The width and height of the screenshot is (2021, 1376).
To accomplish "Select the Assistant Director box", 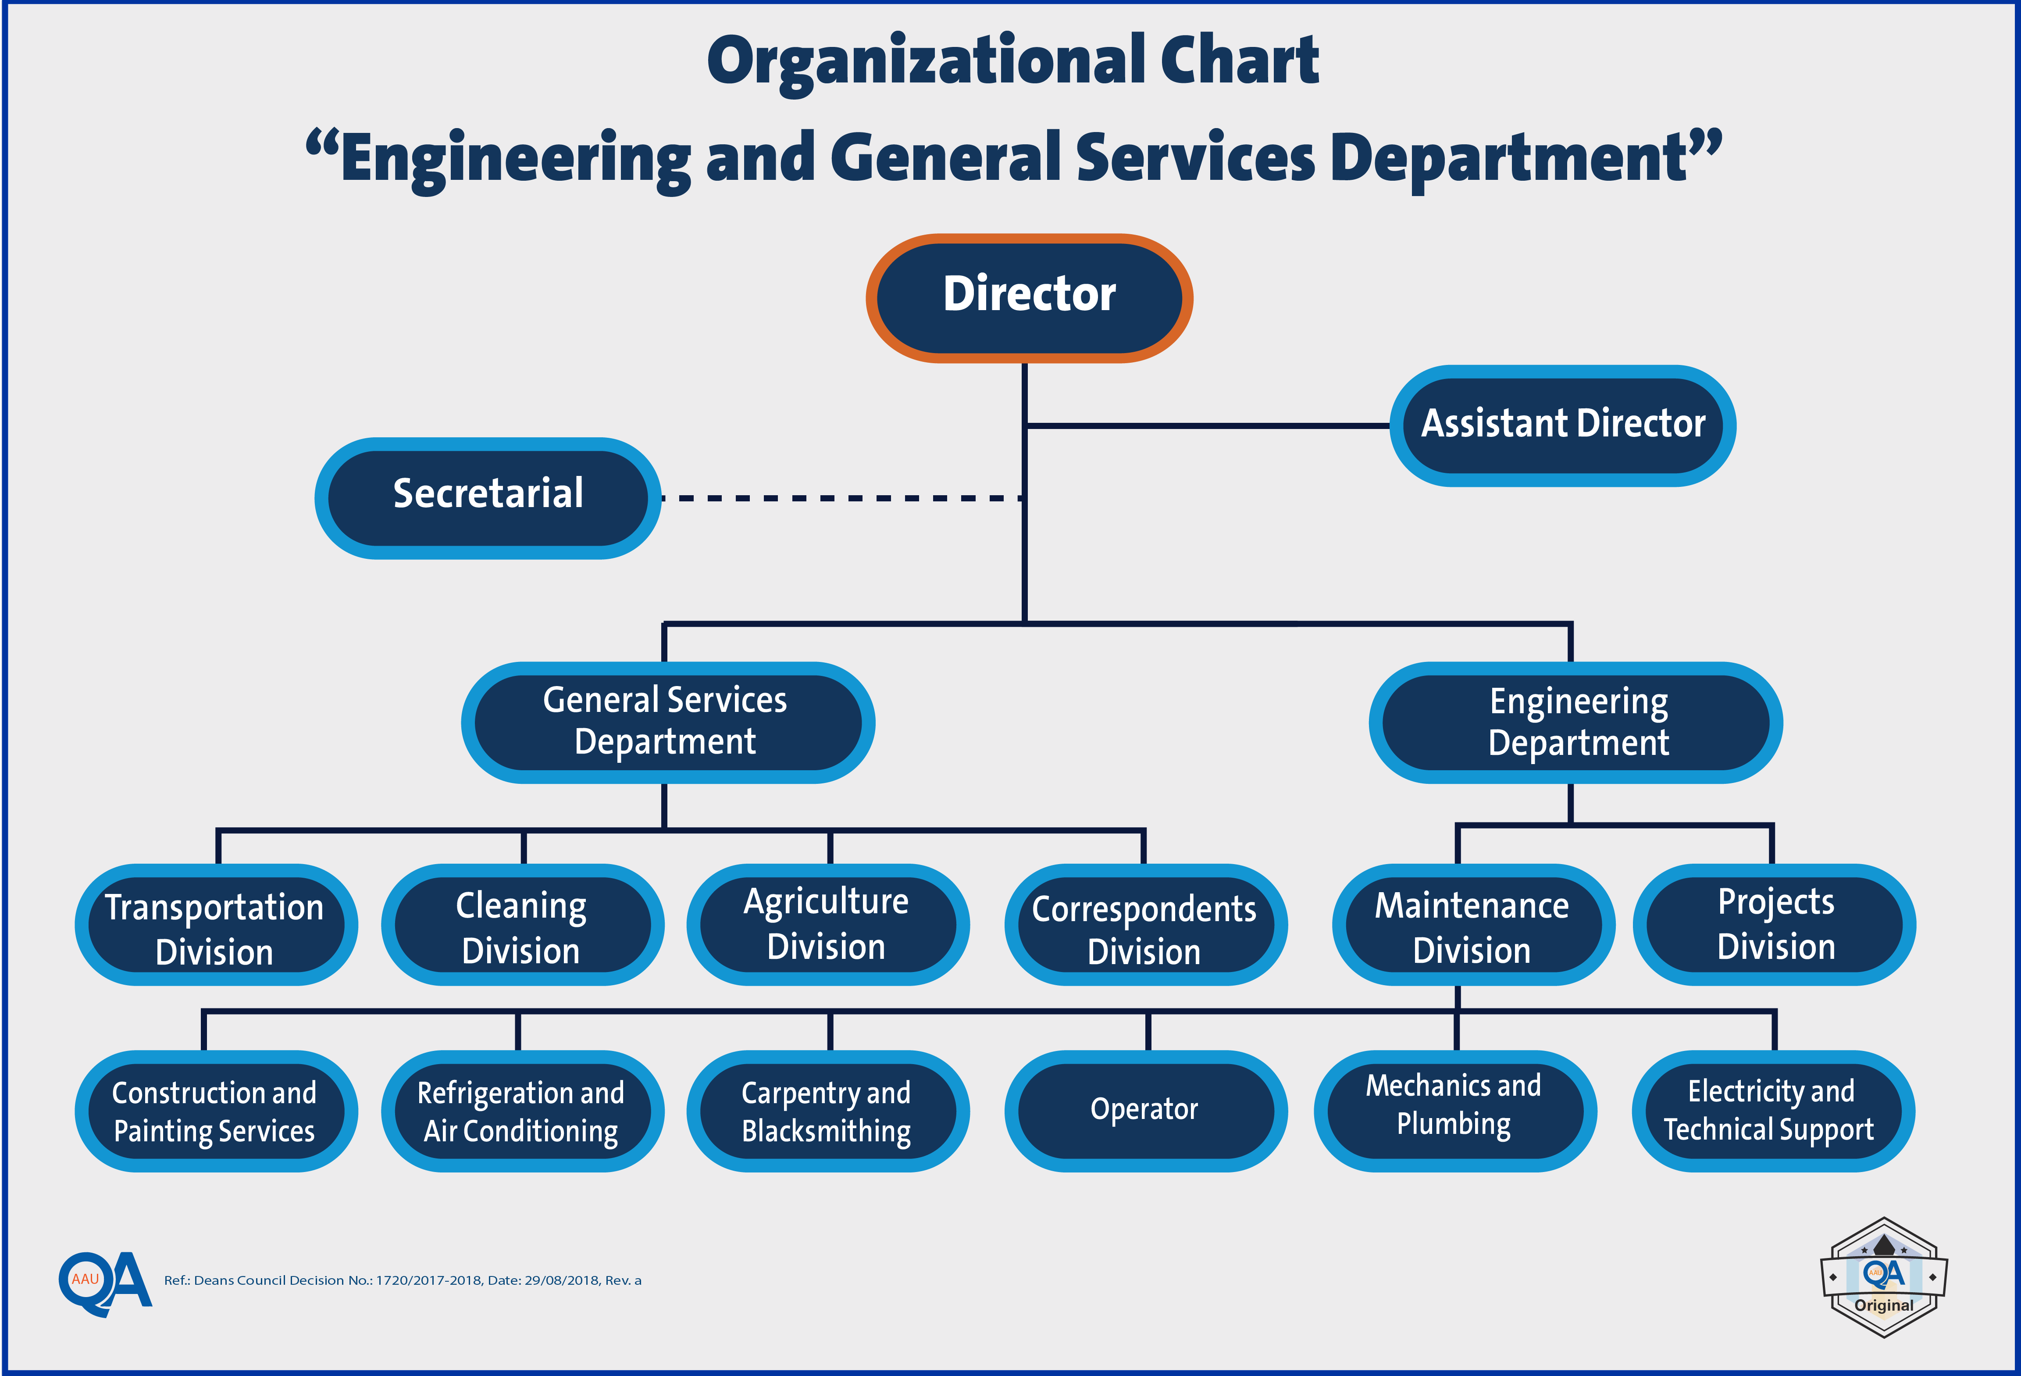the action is pos(1563,425).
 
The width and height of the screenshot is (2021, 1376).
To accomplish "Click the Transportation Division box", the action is pos(217,925).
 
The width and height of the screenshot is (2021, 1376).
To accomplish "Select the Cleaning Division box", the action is pos(523,925).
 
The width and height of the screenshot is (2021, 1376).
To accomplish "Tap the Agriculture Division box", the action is pos(828,925).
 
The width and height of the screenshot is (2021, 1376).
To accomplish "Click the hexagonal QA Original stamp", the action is pos(1884,1277).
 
